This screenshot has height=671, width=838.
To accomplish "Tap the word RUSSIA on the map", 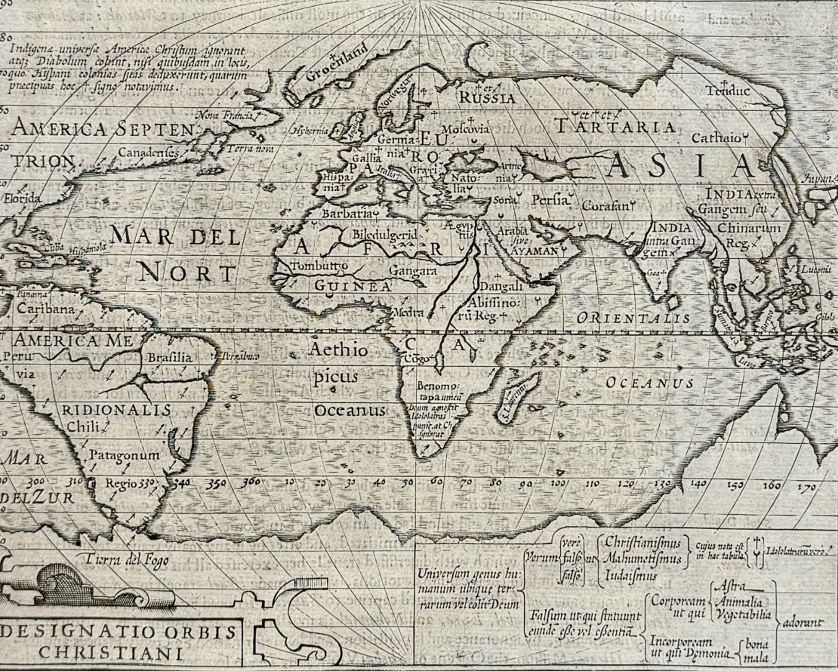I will click(x=487, y=98).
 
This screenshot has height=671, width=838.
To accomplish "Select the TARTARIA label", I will click(x=615, y=126).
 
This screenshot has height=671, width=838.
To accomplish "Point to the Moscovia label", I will click(x=466, y=129).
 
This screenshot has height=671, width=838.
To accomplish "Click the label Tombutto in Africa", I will click(x=319, y=266).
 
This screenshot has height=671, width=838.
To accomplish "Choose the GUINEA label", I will click(x=353, y=286).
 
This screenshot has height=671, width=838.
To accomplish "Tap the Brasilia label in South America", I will click(x=170, y=358).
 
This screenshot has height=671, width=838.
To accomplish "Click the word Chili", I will click(x=83, y=427).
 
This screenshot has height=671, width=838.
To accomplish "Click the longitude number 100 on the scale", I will click(x=558, y=483).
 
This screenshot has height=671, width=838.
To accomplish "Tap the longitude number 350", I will click(x=217, y=483).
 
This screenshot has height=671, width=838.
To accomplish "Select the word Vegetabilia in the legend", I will click(x=743, y=614).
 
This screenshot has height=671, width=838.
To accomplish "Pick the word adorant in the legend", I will click(x=802, y=623).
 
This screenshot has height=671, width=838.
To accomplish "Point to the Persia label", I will click(x=550, y=200).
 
